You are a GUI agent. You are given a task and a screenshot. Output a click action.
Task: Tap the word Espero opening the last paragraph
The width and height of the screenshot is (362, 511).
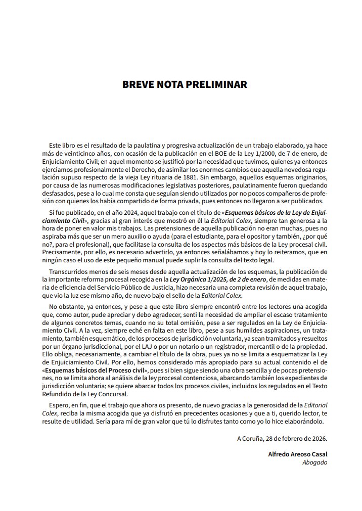coord(60,405)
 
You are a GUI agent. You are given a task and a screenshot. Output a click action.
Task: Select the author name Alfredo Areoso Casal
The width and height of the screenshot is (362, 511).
coord(297,454)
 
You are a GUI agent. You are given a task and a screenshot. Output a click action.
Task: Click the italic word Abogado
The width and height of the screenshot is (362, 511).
coord(314,462)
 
